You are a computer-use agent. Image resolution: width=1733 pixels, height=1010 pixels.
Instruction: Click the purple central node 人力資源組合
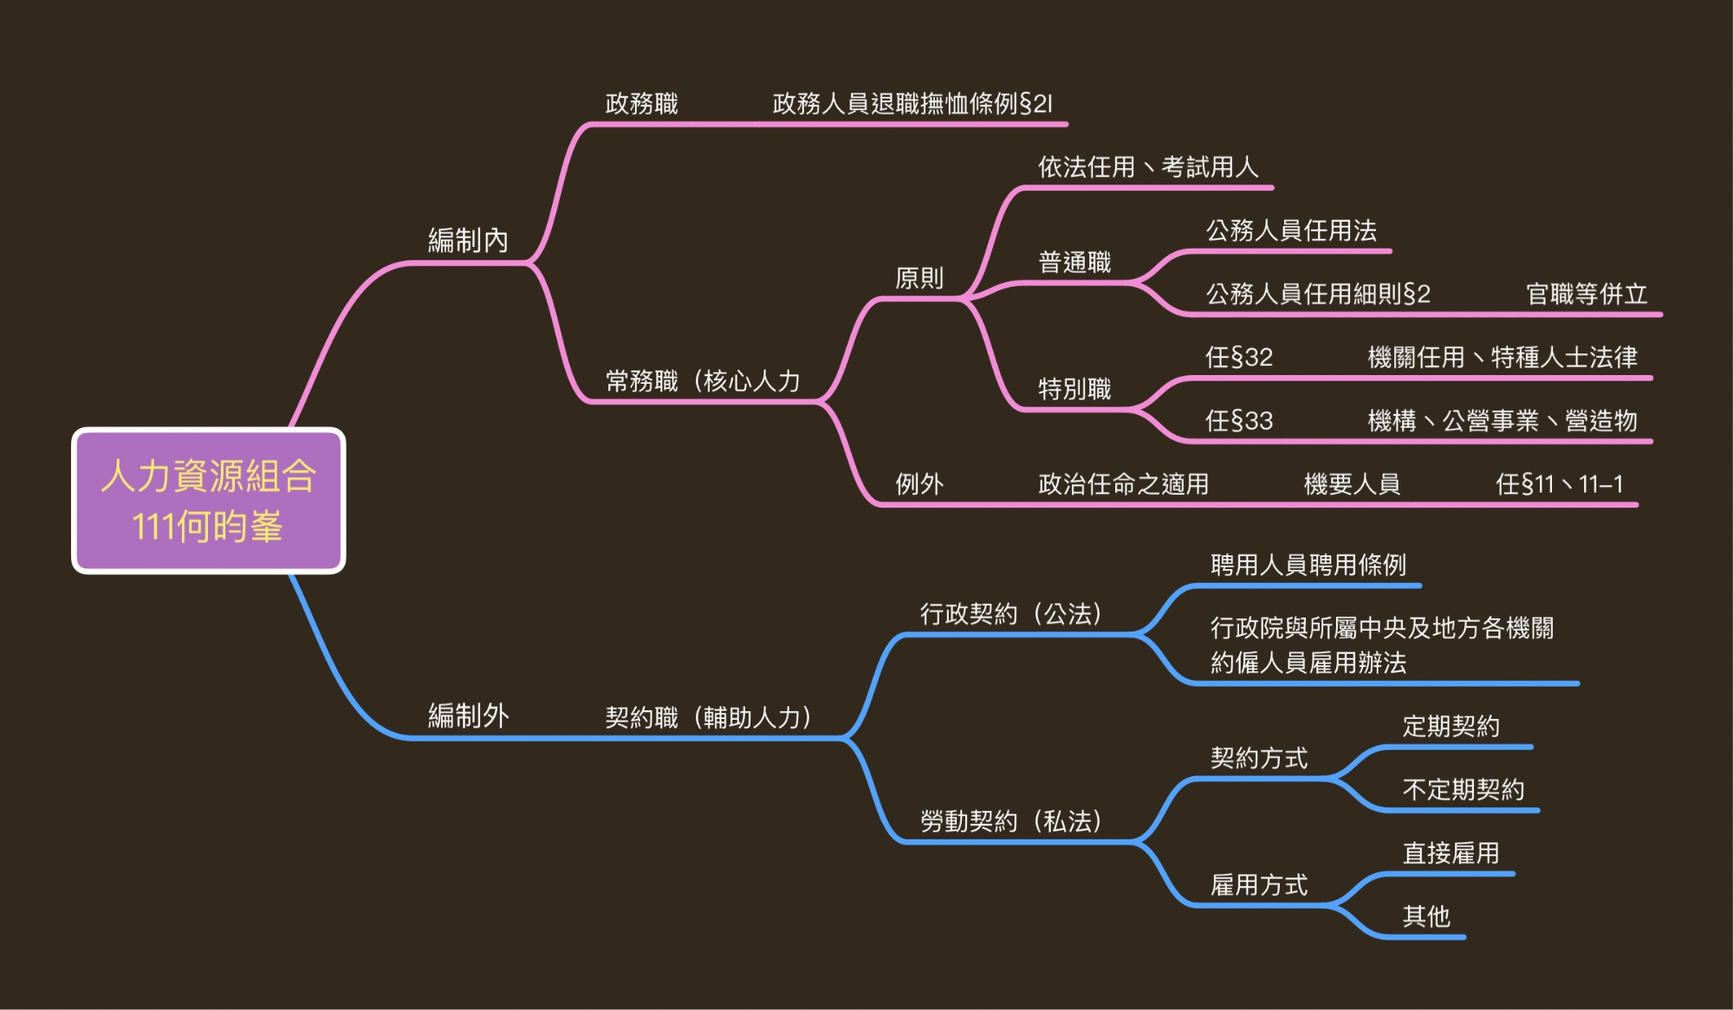[208, 501]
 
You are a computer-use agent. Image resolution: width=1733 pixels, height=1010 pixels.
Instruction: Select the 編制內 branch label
[468, 240]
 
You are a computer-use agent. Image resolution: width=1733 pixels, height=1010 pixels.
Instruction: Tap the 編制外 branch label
[468, 716]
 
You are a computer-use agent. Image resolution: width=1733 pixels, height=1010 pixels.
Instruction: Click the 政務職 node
[641, 104]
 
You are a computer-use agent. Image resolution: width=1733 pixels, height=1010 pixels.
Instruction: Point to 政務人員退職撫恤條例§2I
[912, 104]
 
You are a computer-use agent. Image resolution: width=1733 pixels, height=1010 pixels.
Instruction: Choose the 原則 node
[918, 278]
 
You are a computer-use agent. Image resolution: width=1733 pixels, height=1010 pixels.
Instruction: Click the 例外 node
[918, 484]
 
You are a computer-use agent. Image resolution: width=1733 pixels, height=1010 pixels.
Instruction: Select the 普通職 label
[1074, 262]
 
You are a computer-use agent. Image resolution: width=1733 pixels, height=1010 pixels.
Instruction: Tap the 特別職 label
[1074, 389]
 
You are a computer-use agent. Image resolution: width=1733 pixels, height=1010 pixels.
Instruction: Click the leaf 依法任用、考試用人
[1148, 167]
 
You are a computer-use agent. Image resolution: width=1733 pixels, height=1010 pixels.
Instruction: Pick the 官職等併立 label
[1587, 295]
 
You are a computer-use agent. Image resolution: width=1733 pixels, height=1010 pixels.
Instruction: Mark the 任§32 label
[1239, 358]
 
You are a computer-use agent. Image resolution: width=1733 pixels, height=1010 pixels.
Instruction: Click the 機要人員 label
[1352, 484]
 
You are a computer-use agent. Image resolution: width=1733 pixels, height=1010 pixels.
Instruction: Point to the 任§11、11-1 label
[1559, 484]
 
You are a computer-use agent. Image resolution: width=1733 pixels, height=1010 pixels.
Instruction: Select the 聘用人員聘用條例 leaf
[1308, 566]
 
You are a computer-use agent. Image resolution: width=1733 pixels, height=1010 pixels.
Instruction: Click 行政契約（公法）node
[1010, 614]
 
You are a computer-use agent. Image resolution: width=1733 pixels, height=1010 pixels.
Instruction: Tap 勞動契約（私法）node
[1010, 821]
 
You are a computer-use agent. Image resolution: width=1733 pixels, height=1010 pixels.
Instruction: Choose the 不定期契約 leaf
[1463, 790]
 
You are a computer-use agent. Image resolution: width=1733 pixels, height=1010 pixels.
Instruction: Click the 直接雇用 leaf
[1451, 853]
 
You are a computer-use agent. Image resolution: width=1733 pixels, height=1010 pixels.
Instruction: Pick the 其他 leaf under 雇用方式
[1426, 916]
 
